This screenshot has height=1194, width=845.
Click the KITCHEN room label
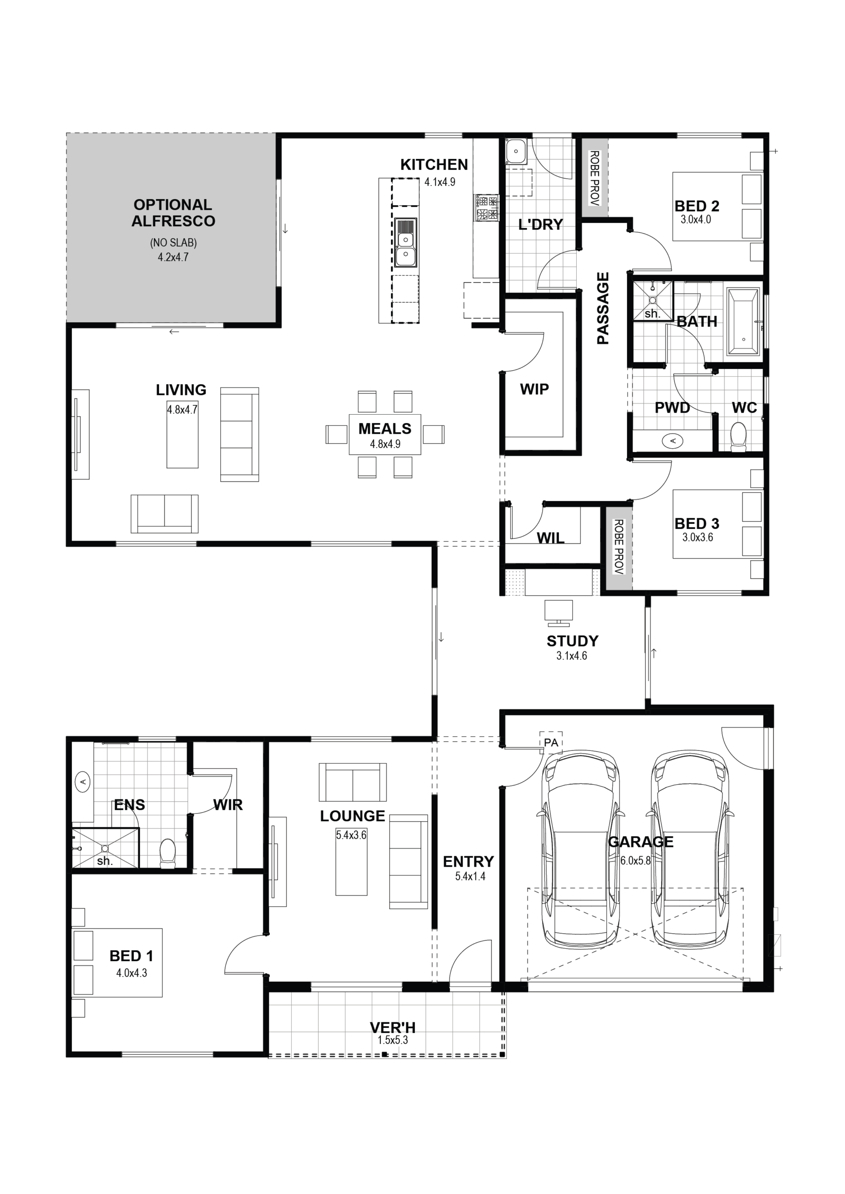(x=434, y=165)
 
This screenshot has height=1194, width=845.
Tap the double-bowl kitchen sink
(x=405, y=243)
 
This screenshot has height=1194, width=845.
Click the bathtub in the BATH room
(x=744, y=322)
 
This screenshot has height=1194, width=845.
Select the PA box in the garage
(x=551, y=743)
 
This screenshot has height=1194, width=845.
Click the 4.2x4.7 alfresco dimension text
(x=173, y=257)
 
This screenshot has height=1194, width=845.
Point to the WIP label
(x=534, y=389)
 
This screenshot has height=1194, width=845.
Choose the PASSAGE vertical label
(x=602, y=308)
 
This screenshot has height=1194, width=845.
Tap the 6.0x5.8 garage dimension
(x=635, y=861)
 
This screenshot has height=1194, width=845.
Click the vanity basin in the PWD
(x=673, y=441)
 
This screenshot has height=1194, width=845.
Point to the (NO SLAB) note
(x=173, y=243)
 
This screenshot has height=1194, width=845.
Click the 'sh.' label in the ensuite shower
(x=105, y=861)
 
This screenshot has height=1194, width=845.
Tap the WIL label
(x=551, y=538)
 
